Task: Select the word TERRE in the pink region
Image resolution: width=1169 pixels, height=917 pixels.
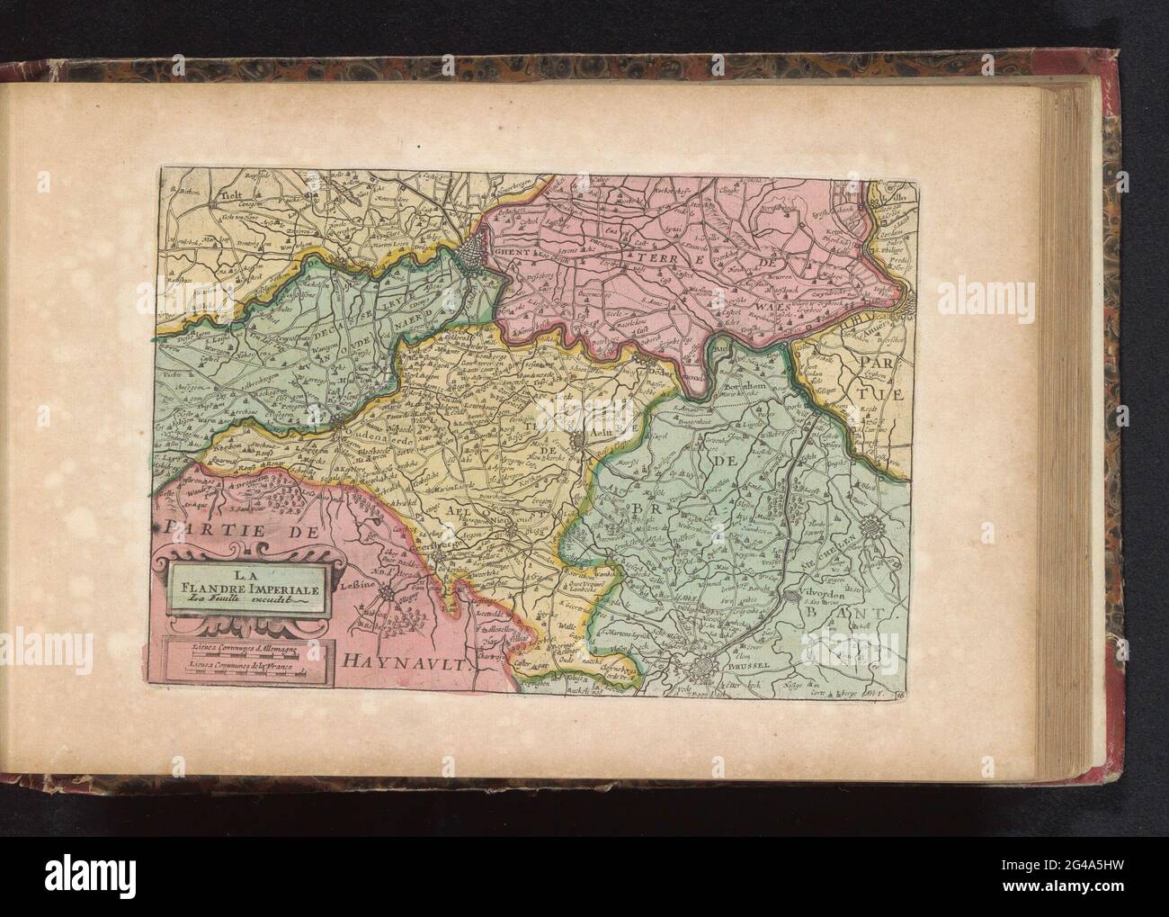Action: click(660, 257)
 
